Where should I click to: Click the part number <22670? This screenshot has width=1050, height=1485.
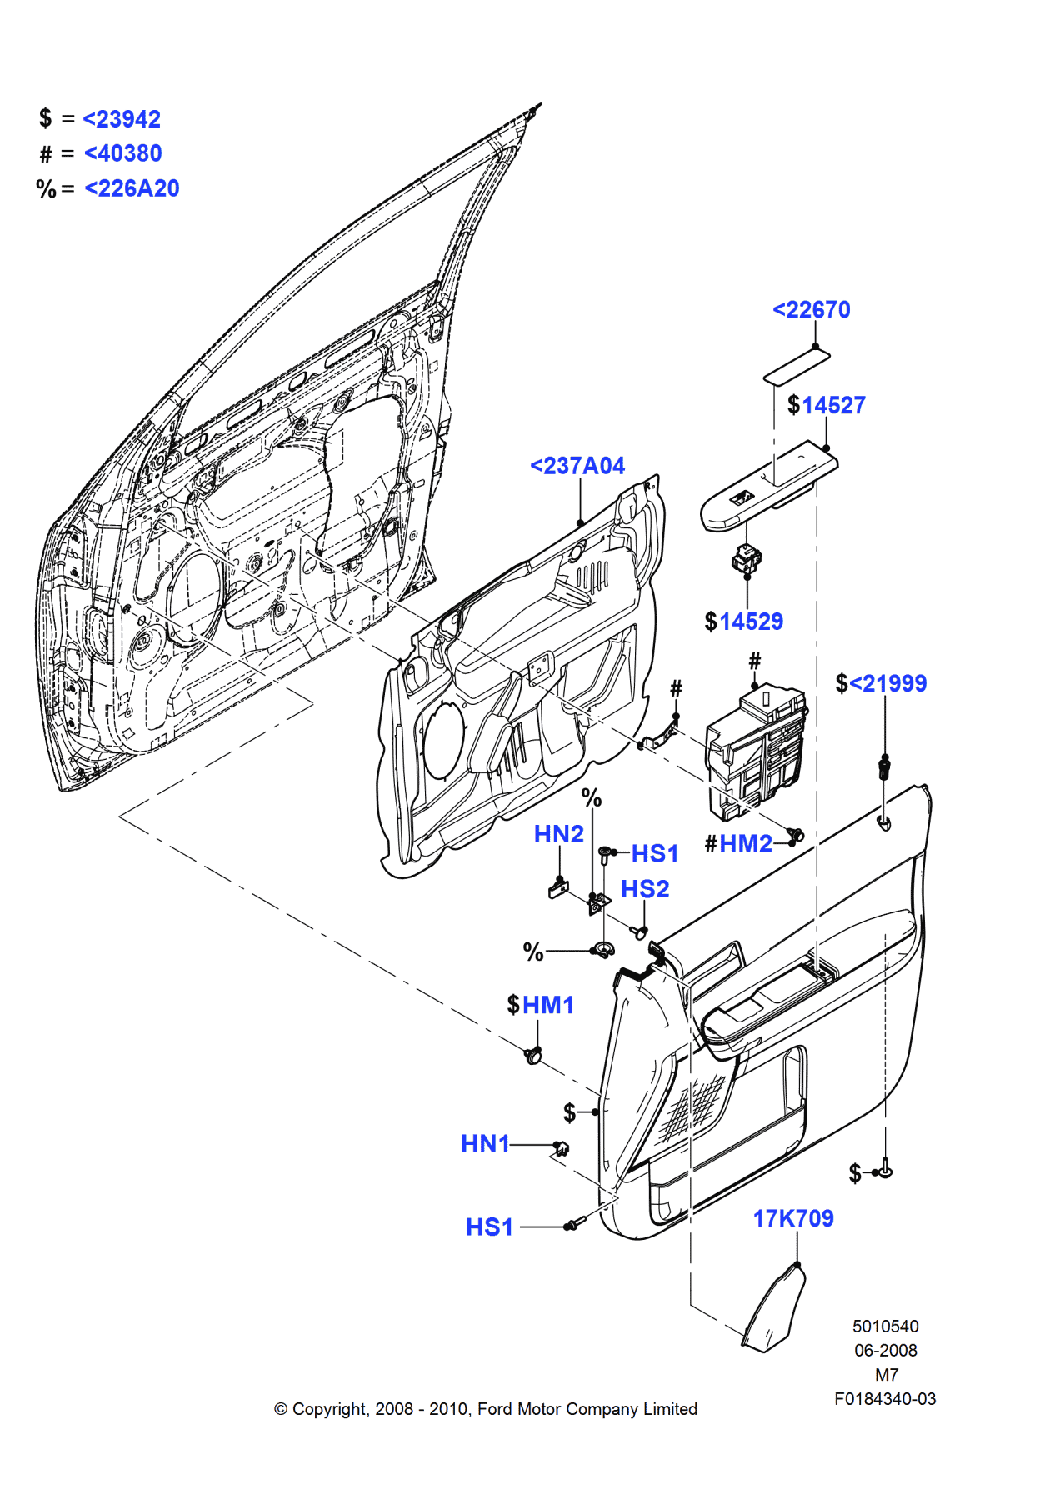[812, 310]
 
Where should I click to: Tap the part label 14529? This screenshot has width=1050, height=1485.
[751, 622]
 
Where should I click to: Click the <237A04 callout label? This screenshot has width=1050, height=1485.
[577, 466]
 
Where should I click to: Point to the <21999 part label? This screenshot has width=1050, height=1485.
[887, 683]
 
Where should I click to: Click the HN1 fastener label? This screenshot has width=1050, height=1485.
[485, 1143]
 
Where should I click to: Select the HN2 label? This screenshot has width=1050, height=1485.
[558, 834]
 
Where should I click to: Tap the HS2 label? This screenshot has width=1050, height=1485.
[645, 889]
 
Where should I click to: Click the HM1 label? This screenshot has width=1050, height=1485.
[548, 1005]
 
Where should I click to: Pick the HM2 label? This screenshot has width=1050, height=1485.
[746, 843]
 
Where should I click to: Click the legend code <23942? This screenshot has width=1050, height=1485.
[122, 119]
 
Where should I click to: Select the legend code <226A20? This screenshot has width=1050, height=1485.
[132, 188]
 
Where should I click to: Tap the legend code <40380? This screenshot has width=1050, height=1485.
[122, 153]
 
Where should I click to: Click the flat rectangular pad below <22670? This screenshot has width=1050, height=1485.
[797, 367]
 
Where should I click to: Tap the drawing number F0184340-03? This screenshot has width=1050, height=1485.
[885, 1399]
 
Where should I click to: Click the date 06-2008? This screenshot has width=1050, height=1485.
[885, 1350]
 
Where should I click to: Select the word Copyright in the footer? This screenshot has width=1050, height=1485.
[329, 1409]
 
